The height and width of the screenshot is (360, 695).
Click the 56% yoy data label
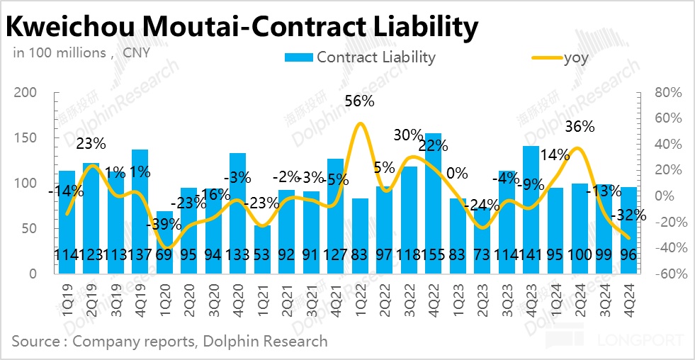tap(359, 101)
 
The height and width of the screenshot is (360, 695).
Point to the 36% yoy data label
tap(580, 127)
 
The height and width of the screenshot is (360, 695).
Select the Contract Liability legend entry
tap(360, 57)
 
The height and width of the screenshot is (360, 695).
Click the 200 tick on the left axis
tap(29, 93)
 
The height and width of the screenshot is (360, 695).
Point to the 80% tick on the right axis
tap(667, 93)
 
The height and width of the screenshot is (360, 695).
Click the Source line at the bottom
tap(169, 341)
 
